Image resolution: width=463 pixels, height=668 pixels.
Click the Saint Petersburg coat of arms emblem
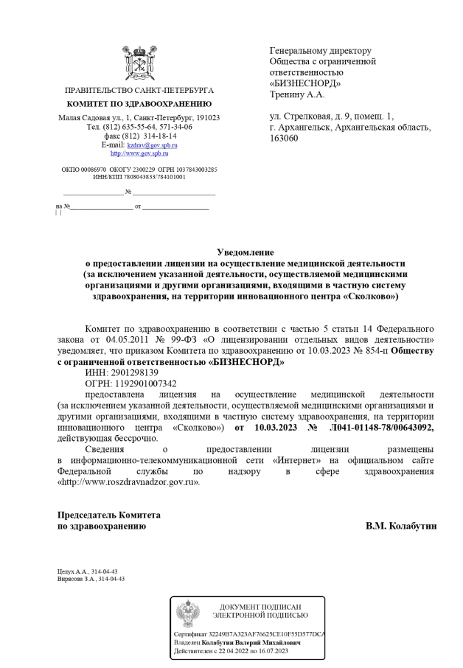tap(138, 63)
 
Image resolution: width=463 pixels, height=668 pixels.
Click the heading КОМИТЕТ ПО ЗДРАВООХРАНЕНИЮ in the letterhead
tap(139, 104)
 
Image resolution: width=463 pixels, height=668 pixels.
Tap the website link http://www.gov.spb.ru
tap(139, 153)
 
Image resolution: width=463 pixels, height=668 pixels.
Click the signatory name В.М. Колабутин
tap(401, 527)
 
